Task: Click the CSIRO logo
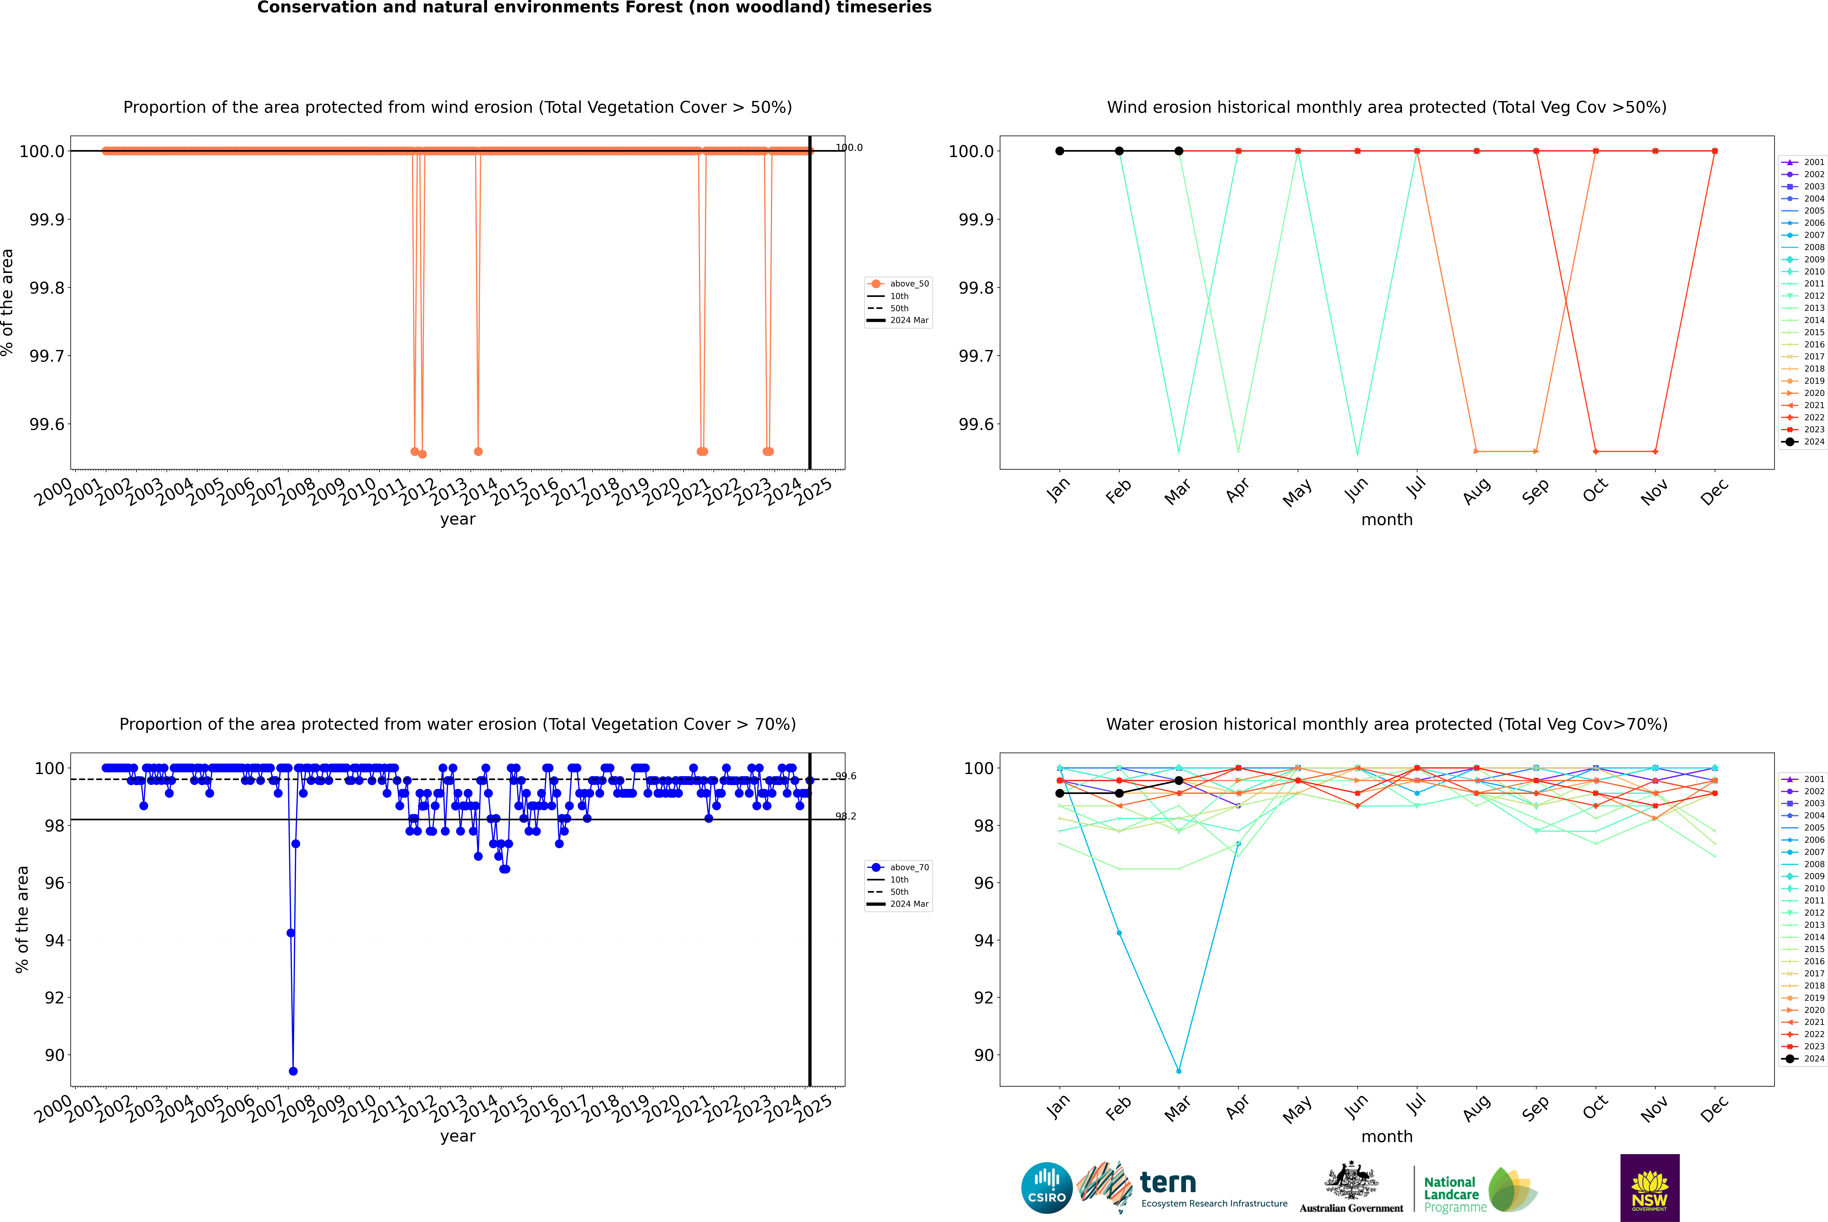[1047, 1188]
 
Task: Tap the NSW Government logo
[1650, 1188]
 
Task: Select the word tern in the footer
[1167, 1182]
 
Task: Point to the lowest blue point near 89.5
[293, 1071]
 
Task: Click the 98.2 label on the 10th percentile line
[845, 816]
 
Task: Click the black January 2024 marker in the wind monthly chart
[1060, 151]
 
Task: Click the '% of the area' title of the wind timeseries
[8, 302]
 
